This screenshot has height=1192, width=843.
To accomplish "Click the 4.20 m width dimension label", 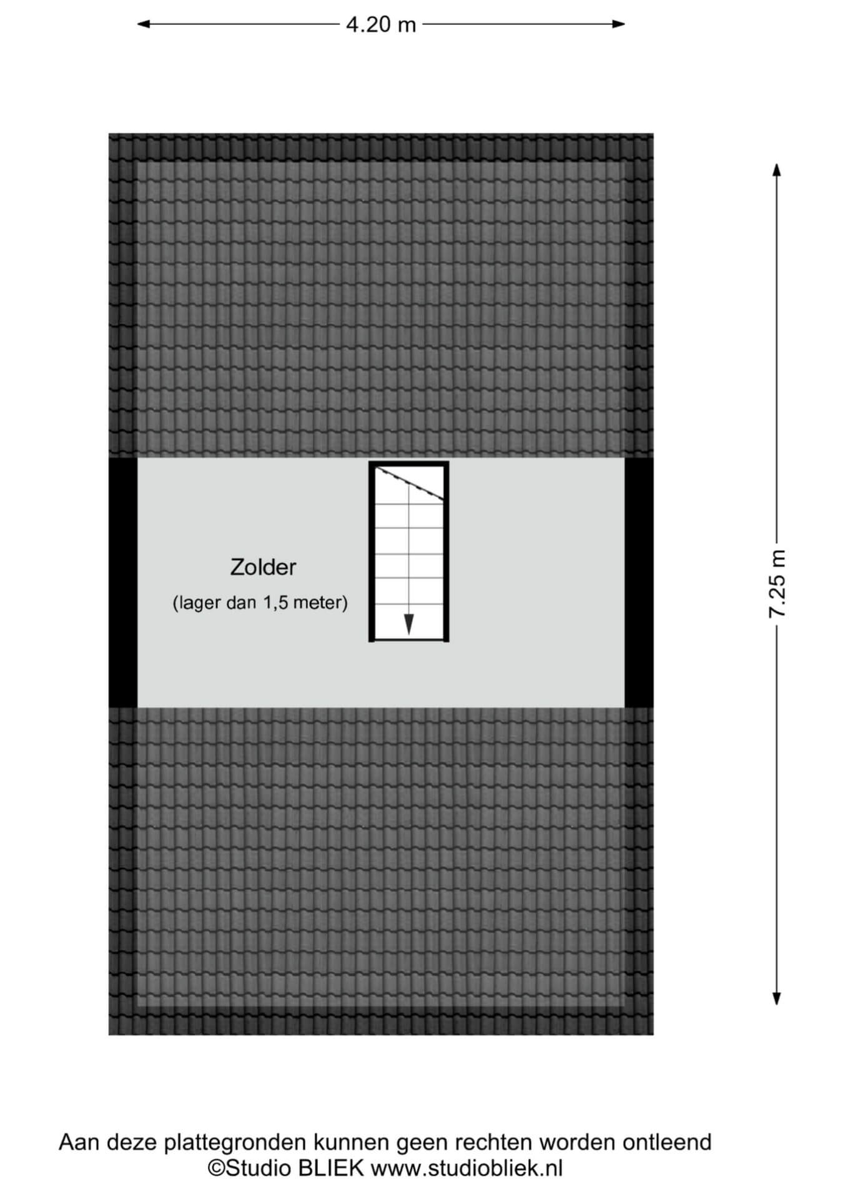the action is pos(381,24).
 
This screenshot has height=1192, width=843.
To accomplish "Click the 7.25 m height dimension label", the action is pos(777,584).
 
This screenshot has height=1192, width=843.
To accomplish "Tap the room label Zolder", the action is pos(263,567).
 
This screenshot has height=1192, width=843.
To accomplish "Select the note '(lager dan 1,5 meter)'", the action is pos(260,603).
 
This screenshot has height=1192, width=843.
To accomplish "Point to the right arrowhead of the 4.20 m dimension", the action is pos(618,24).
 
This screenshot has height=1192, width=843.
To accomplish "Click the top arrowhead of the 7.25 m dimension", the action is pos(777,170).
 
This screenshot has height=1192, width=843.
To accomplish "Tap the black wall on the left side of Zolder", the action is pos(123,583).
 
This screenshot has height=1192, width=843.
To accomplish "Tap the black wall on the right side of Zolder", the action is pos(639,583).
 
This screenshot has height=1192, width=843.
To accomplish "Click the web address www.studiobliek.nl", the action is pos(466,1168).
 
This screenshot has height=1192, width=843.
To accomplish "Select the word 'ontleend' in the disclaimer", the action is pos(667,1143).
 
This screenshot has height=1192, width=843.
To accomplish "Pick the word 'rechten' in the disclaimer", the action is pos(494,1143).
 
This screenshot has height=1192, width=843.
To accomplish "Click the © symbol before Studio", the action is pos(216,1168).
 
